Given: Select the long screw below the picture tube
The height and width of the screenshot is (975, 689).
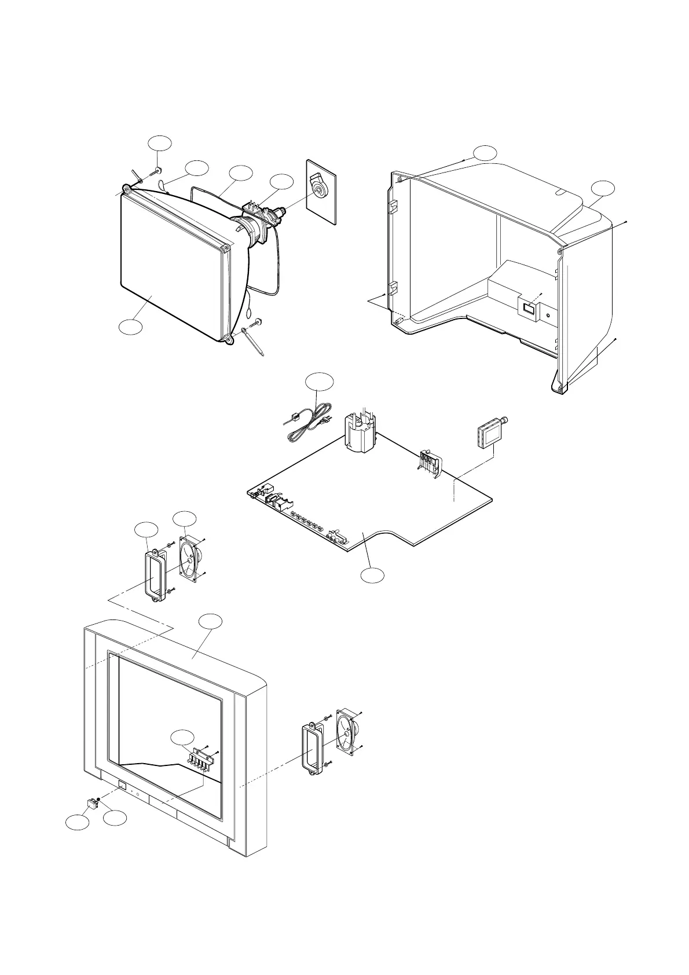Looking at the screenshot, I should (x=256, y=343).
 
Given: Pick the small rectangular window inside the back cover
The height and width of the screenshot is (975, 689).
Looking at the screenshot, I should (x=527, y=308).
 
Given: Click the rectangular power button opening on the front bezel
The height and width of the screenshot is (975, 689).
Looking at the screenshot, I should (x=122, y=786).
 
